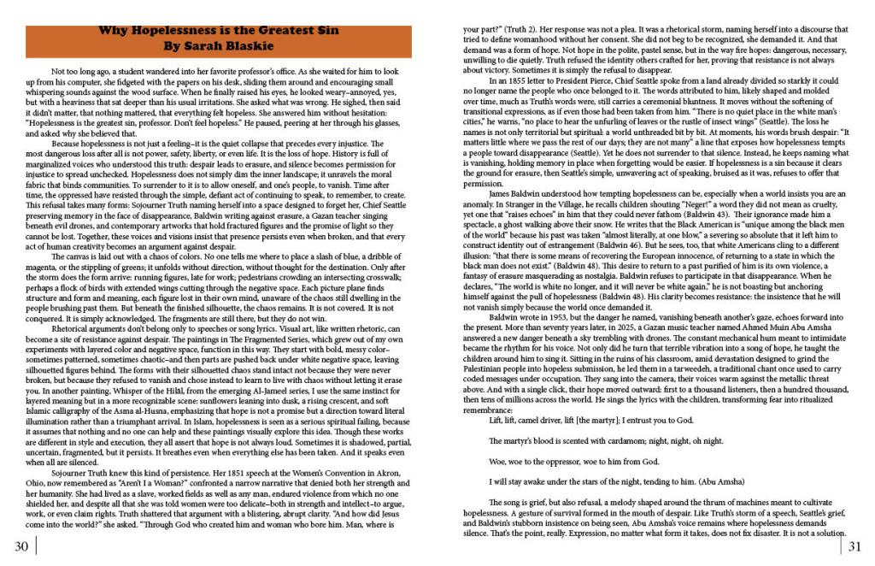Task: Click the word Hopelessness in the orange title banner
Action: point(178,30)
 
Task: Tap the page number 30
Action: point(21,546)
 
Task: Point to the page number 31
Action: point(855,546)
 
